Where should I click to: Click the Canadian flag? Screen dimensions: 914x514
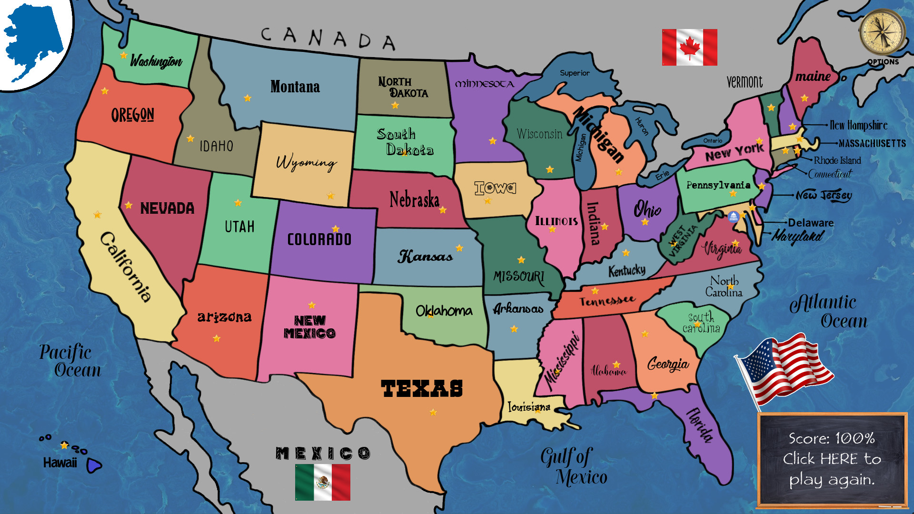coord(689,47)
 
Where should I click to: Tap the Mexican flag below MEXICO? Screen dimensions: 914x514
coord(322,482)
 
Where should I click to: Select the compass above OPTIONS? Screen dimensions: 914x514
coord(882,32)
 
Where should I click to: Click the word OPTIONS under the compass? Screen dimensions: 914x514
coord(883,62)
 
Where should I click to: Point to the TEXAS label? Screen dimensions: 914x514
coord(422,388)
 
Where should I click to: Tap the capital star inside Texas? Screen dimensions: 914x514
coord(433,412)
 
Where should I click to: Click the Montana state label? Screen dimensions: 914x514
coord(295,87)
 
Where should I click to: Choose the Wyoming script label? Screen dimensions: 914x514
coord(306,162)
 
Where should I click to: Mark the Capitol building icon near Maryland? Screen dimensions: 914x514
coord(734,217)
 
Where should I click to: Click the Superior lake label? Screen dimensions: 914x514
coord(575,73)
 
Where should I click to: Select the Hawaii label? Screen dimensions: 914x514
coord(60,463)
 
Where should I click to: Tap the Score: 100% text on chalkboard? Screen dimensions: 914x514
coord(832,438)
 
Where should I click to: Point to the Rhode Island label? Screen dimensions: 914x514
coord(837,160)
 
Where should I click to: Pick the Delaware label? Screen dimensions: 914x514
coord(811,223)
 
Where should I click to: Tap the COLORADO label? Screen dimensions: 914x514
coord(319,239)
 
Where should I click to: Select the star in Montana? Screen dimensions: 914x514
coord(248,98)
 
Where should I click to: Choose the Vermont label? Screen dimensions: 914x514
coord(745,82)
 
